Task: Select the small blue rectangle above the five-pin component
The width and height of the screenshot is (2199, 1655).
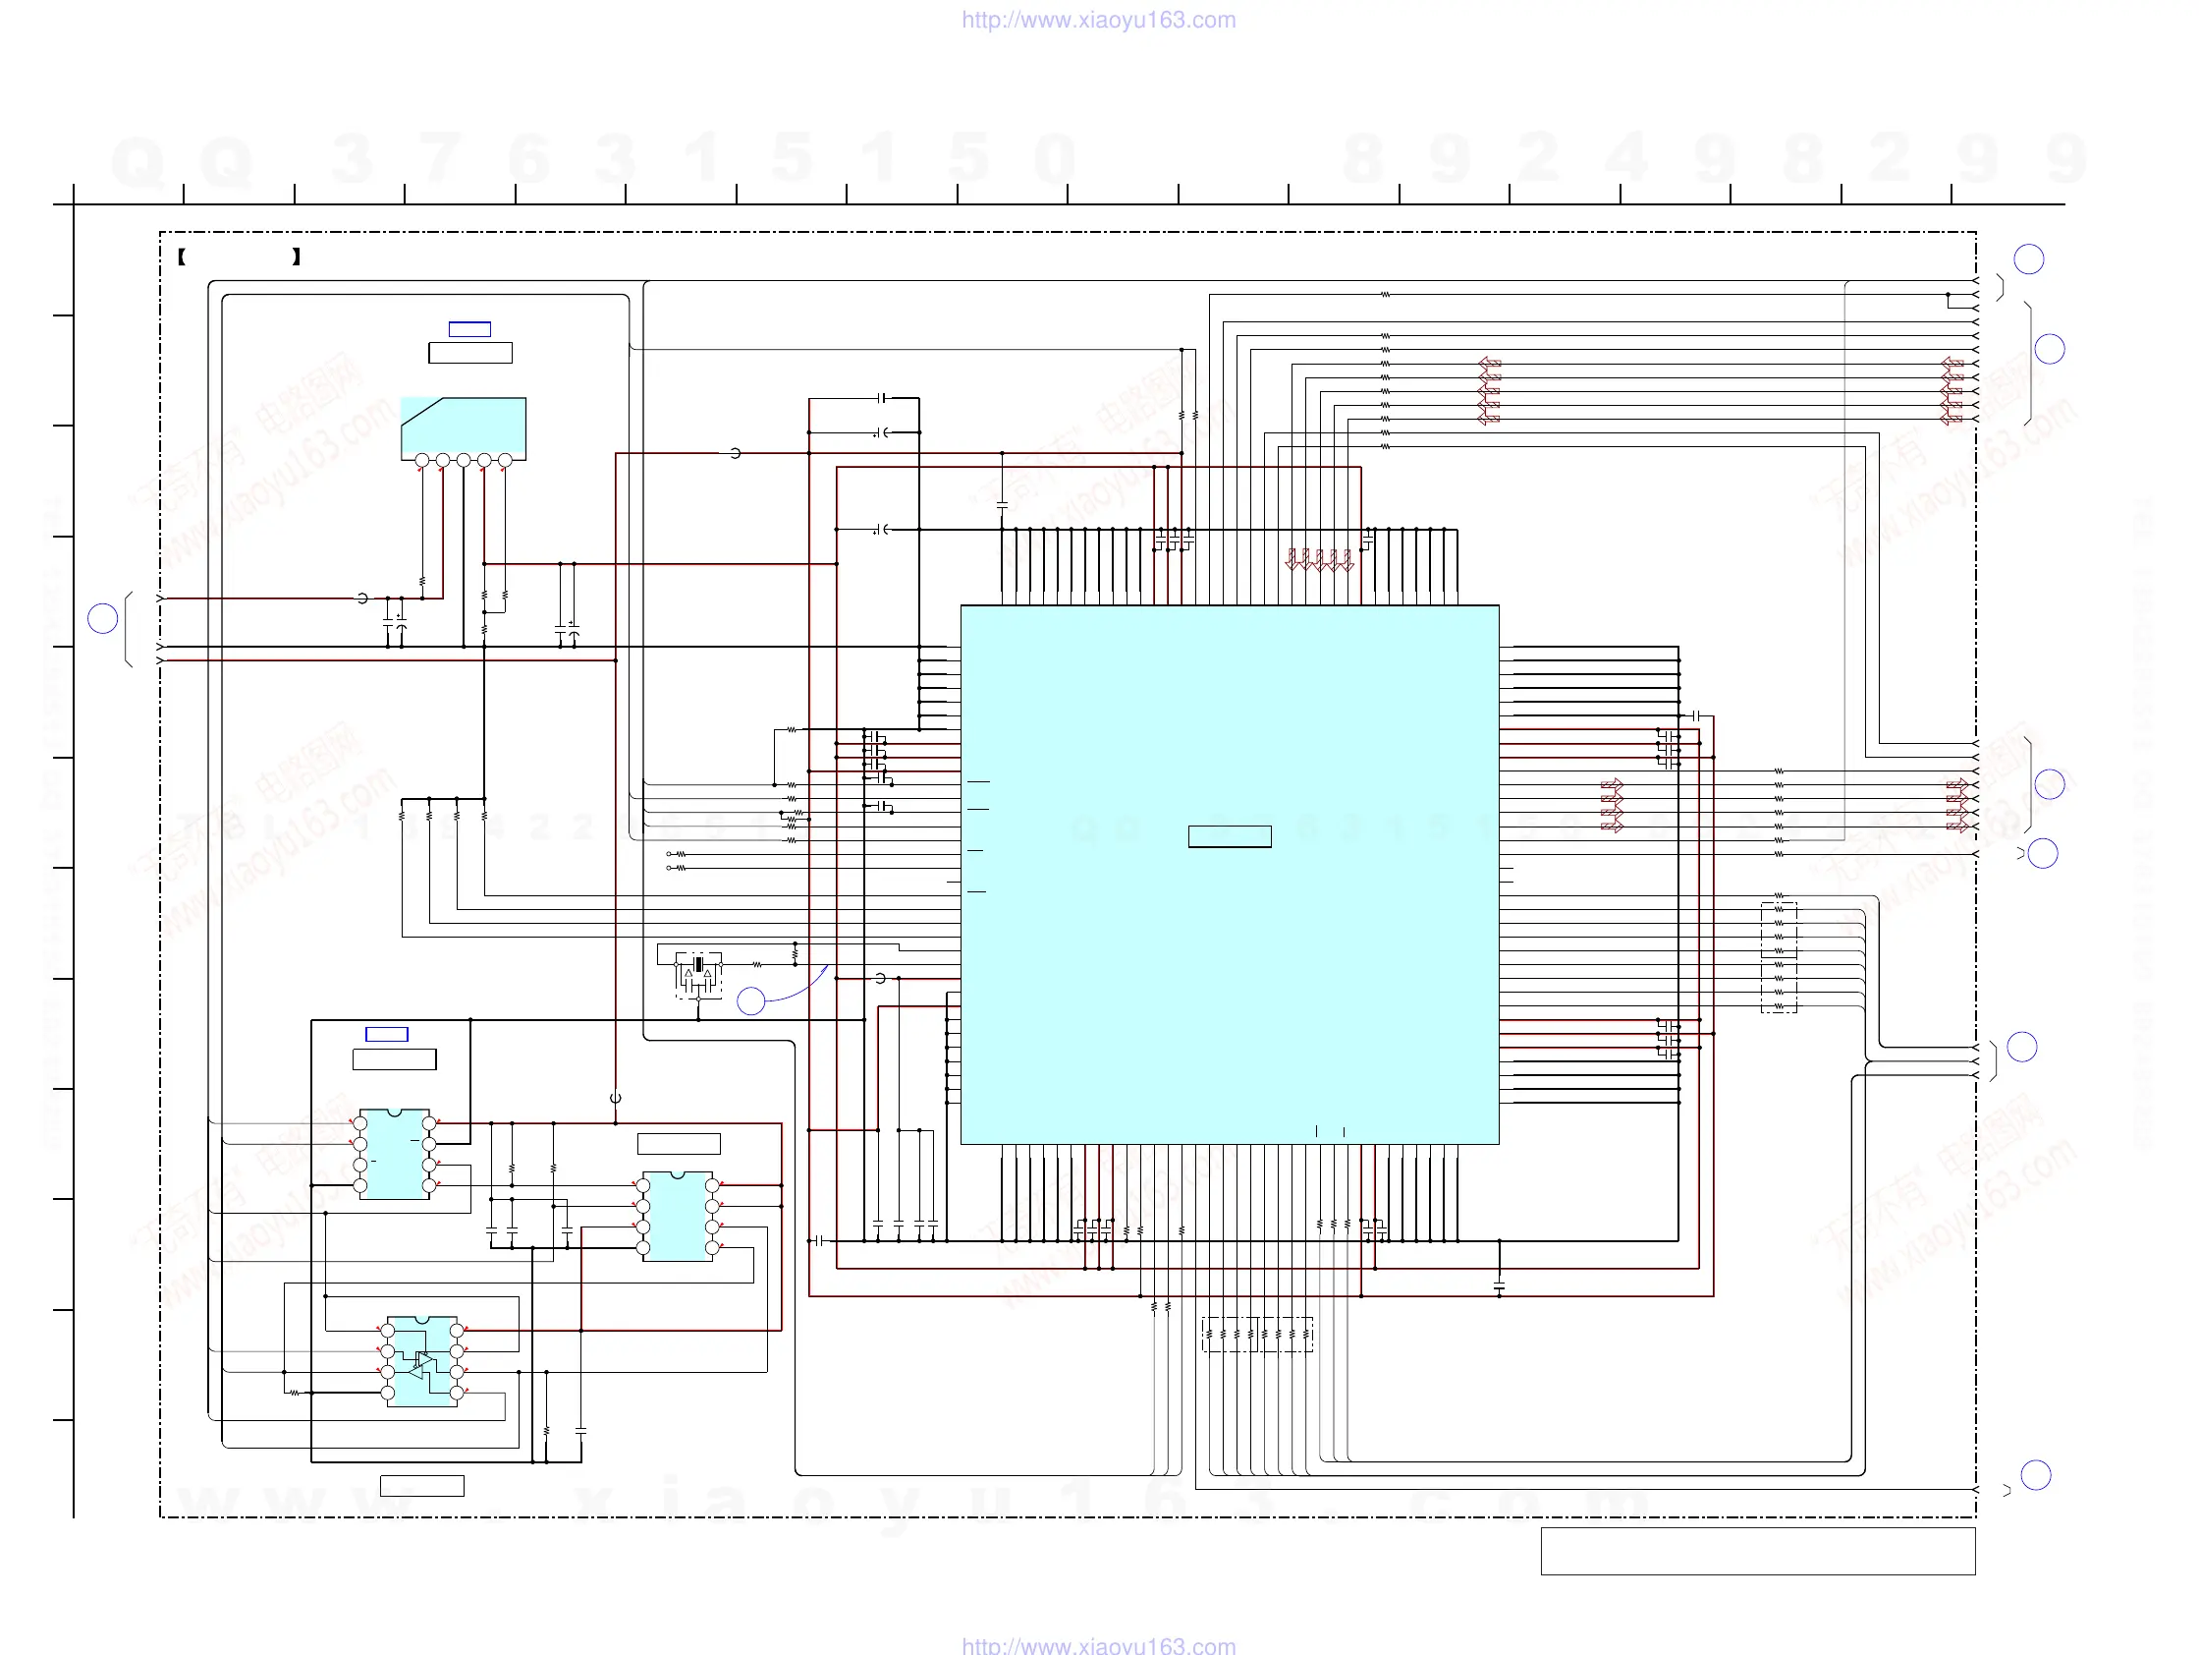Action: click(469, 329)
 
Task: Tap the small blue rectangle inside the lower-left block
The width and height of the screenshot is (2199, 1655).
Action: click(387, 1034)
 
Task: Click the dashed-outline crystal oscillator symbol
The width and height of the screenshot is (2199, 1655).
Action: click(699, 975)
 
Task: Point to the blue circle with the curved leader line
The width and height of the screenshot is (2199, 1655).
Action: click(750, 1000)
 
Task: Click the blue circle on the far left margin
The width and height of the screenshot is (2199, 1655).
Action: click(102, 618)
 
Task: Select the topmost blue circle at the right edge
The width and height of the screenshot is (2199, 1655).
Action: click(2028, 259)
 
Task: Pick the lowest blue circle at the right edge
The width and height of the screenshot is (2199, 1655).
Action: click(2036, 1475)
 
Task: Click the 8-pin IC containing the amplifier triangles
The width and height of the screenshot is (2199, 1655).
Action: click(422, 1361)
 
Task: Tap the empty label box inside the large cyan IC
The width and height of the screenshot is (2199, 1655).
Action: click(1230, 836)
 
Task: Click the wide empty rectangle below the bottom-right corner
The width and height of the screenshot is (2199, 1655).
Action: click(1758, 1552)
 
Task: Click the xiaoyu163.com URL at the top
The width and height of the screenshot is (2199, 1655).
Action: click(1098, 20)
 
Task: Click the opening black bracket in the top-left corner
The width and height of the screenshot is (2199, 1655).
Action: click(182, 257)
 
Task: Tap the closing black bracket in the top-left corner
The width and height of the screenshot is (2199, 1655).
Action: click(297, 257)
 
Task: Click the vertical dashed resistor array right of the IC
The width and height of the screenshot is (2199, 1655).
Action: click(1779, 957)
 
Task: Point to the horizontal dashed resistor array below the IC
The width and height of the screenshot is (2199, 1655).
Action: click(1257, 1334)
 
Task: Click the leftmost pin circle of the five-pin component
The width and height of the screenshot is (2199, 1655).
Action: click(422, 461)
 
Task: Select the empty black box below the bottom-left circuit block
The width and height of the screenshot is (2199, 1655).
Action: click(421, 1486)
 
